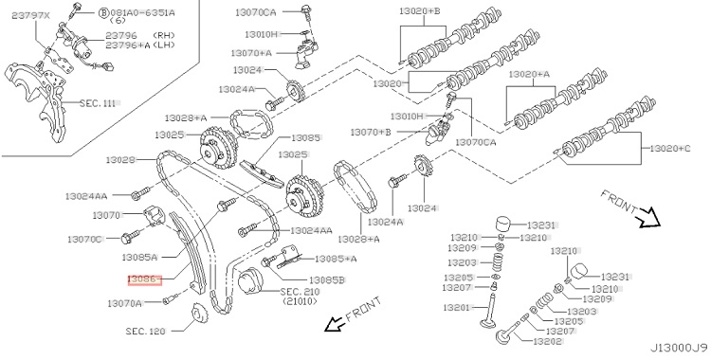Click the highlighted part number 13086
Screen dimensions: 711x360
(144, 279)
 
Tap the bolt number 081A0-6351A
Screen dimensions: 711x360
(140, 12)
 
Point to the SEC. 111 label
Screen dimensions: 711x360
(98, 103)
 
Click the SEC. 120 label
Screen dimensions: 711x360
(146, 331)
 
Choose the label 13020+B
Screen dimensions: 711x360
(419, 10)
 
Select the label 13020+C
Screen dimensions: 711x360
(670, 148)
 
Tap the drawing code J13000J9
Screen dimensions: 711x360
(680, 348)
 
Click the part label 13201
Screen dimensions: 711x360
(458, 308)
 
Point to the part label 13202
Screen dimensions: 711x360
(548, 341)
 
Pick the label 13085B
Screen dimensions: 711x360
(327, 280)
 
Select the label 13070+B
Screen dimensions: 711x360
(370, 132)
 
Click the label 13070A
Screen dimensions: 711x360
(125, 303)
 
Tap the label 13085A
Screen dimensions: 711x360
(139, 257)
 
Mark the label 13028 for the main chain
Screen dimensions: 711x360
(120, 159)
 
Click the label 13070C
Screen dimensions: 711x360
(84, 239)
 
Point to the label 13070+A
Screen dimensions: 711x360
(251, 53)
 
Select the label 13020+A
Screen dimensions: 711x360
(529, 74)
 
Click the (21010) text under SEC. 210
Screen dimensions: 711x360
(300, 301)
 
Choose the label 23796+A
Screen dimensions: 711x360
(127, 45)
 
